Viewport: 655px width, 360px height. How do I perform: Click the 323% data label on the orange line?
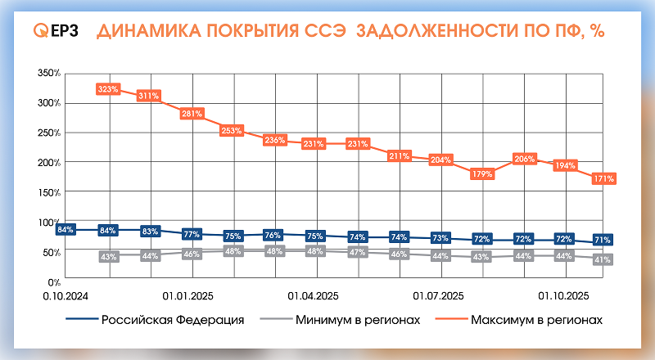click(x=108, y=88)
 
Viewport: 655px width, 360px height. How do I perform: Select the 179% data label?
click(x=482, y=173)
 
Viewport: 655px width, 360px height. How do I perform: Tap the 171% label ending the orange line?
click(x=603, y=178)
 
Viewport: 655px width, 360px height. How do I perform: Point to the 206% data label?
click(x=524, y=159)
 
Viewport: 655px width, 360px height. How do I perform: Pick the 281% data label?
click(x=192, y=114)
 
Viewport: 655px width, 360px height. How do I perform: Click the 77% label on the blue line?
click(x=192, y=235)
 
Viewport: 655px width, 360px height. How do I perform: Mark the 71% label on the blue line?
click(x=603, y=240)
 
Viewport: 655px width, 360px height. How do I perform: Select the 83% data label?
click(x=150, y=232)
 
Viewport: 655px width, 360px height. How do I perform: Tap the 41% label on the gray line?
click(x=603, y=259)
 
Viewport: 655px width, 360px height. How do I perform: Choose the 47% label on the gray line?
click(x=357, y=252)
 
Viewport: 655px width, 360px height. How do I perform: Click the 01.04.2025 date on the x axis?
click(x=313, y=294)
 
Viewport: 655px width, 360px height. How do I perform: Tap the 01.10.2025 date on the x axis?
click(x=562, y=294)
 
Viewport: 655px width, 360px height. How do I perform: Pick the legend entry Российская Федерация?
click(x=173, y=320)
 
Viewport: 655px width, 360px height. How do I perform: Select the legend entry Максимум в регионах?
click(x=537, y=320)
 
